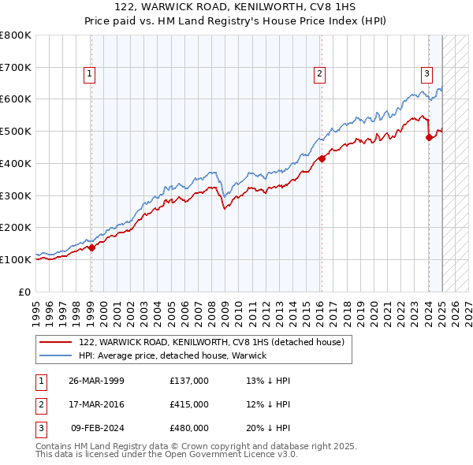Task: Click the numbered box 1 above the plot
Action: [90, 75]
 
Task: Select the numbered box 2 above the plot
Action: [320, 75]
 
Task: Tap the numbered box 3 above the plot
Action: [426, 75]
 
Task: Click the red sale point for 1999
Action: [91, 247]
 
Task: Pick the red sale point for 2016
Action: [322, 158]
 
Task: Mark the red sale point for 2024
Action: [429, 137]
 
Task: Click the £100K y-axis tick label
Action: [16, 259]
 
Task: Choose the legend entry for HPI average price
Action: [173, 355]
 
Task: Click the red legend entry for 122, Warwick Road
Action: [211, 343]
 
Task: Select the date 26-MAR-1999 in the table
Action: [95, 381]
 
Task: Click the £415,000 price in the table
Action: [189, 404]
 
